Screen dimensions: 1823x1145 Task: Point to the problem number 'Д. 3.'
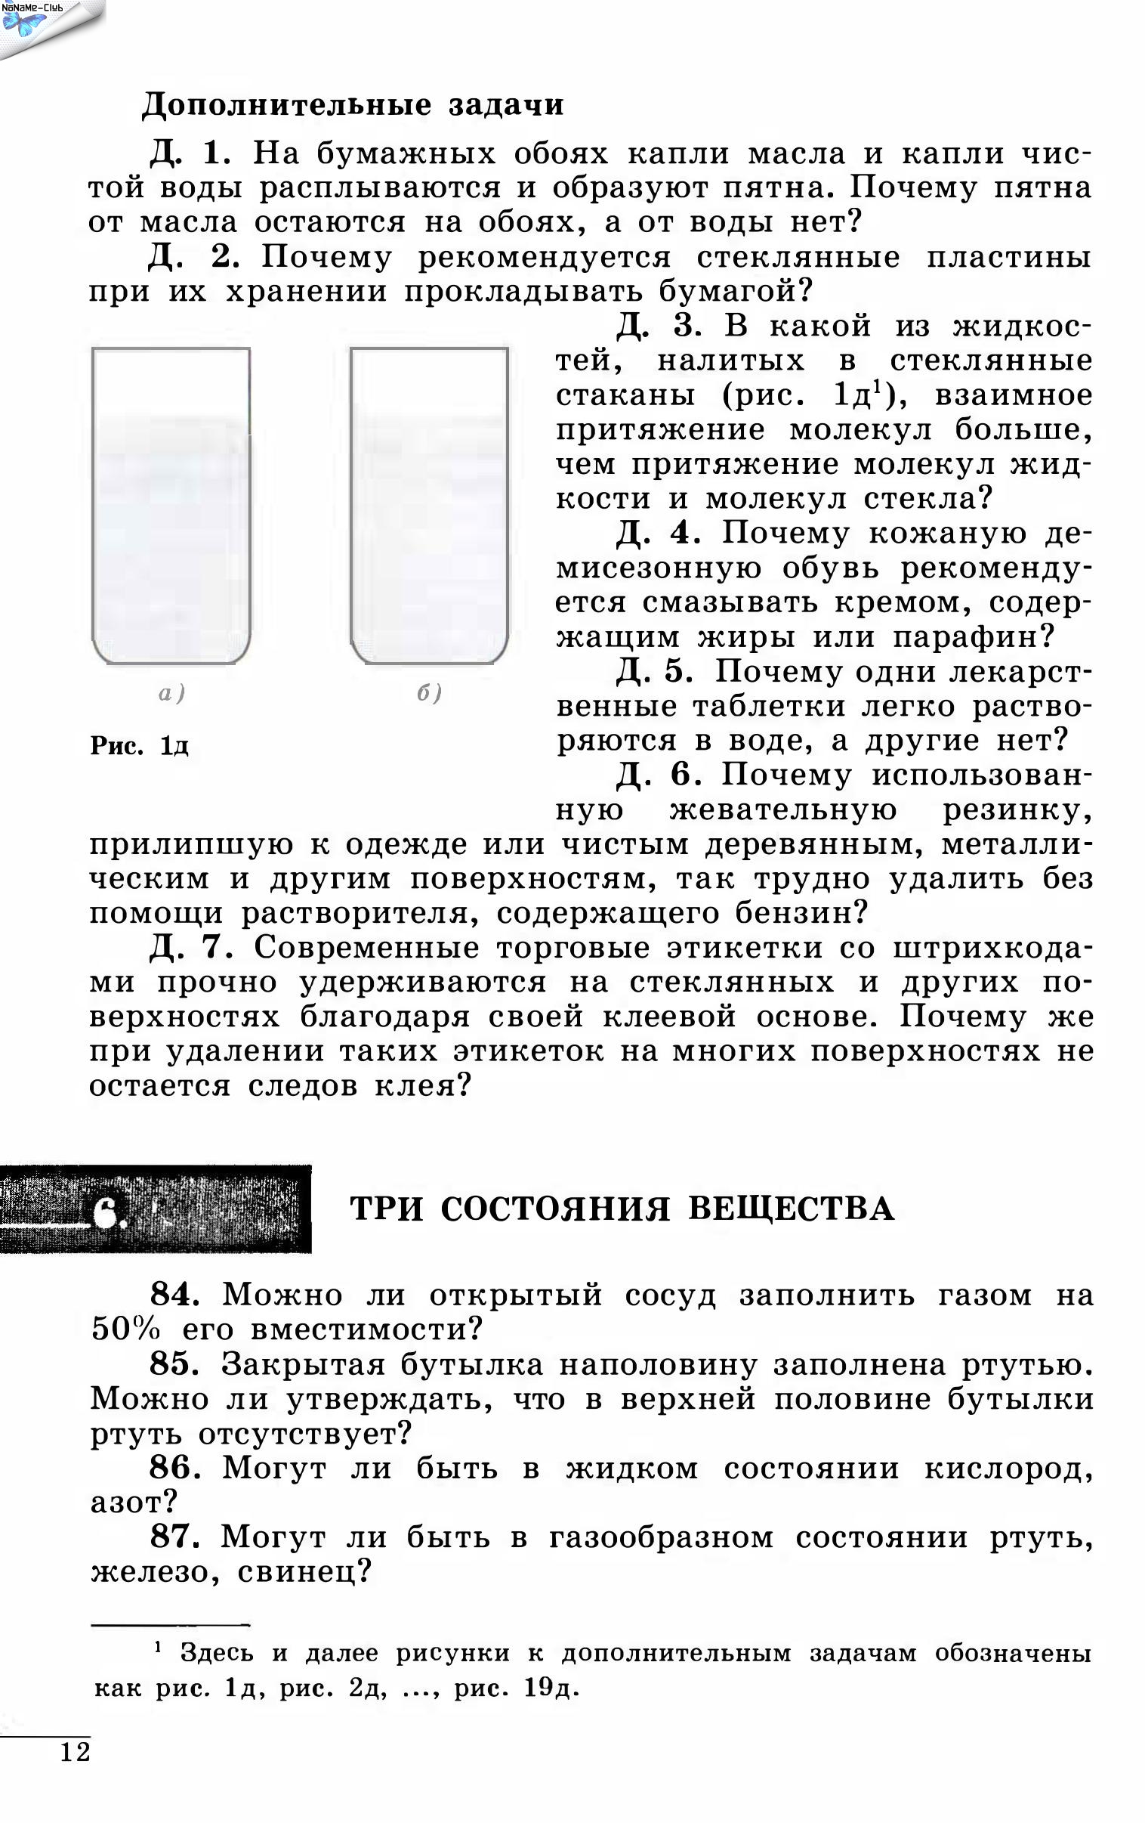[x=659, y=327]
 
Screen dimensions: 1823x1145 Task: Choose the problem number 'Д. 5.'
[x=655, y=671]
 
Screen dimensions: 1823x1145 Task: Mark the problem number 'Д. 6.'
[x=659, y=775]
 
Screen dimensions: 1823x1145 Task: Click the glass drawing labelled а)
[x=171, y=505]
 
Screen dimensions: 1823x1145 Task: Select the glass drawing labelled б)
[x=429, y=505]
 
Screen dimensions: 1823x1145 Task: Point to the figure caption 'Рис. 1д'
[x=139, y=747]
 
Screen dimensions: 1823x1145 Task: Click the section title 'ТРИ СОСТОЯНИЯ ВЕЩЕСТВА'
[x=622, y=1209]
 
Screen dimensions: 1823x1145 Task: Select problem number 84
[x=174, y=1295]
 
